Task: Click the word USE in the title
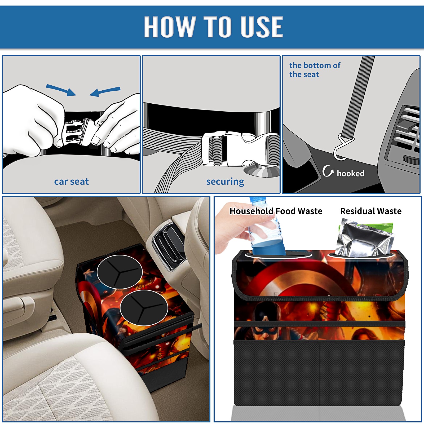pos(262,26)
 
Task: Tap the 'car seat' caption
pos(71,182)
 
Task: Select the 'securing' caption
pos(225,182)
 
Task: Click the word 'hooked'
pos(351,173)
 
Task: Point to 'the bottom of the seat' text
pos(315,70)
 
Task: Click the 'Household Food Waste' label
pos(276,211)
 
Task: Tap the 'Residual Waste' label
pos(371,211)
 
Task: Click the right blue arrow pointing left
pos(105,92)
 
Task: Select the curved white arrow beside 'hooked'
pos(328,171)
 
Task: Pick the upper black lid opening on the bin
pos(120,272)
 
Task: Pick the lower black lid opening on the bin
pos(144,307)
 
